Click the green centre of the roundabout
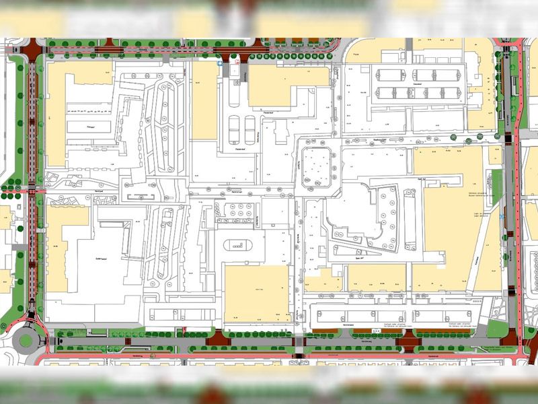pyautogui.click(x=26, y=340)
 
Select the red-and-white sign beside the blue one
pyautogui.click(x=236, y=61)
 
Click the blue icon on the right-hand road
pyautogui.click(x=504, y=217)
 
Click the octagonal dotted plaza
pyautogui.click(x=315, y=166)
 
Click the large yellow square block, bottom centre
pyautogui.click(x=256, y=293)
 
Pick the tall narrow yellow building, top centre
pyautogui.click(x=204, y=101)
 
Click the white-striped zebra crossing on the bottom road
pyautogui.click(x=299, y=343)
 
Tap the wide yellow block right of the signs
pyautogui.click(x=289, y=86)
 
